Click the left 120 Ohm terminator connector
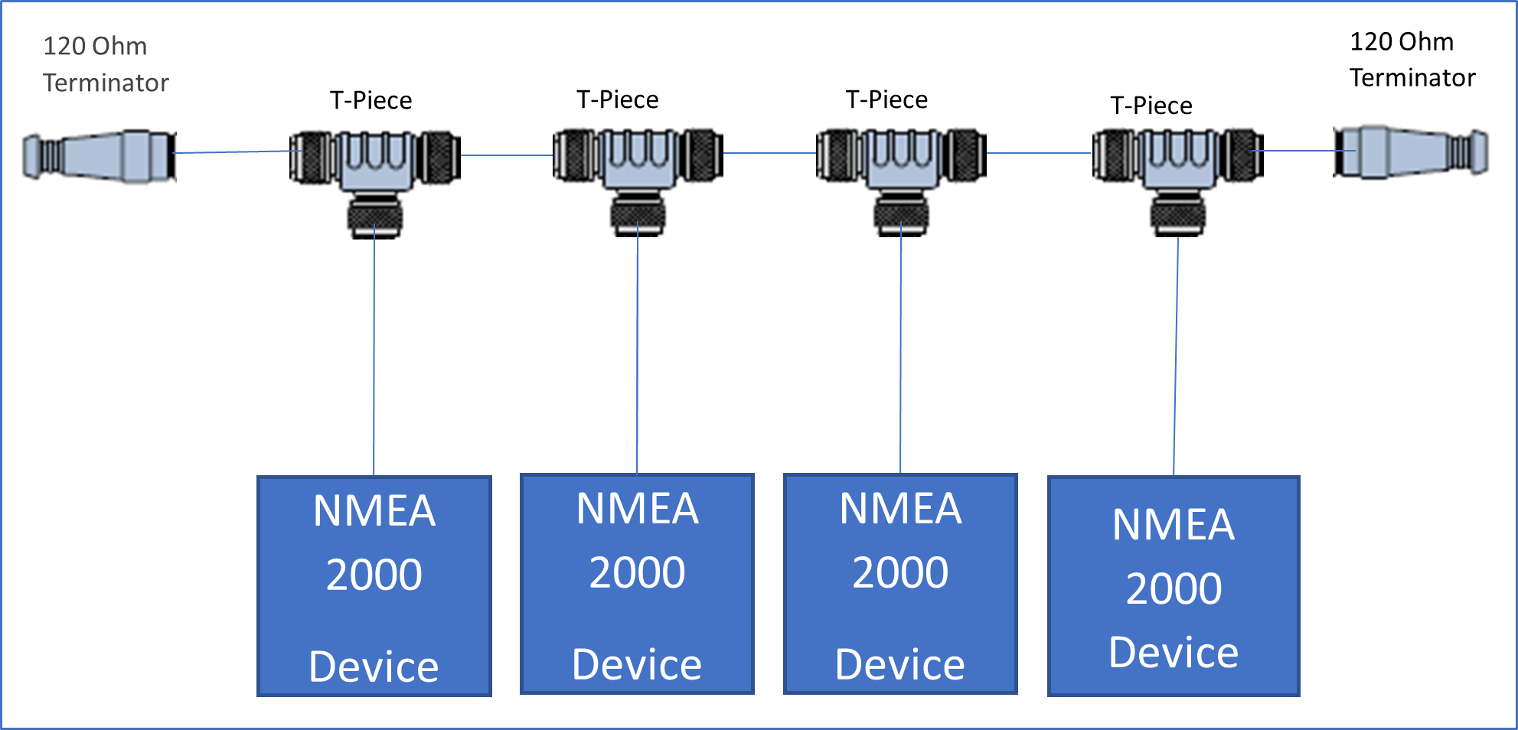pos(100,155)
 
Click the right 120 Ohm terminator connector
pos(1411,152)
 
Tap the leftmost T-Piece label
pos(371,100)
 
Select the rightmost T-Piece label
pos(1151,106)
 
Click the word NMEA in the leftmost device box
pos(374,511)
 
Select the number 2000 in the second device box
pos(637,572)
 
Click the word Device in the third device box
pos(900,664)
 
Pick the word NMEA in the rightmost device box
pos(1174,525)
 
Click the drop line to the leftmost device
pos(374,352)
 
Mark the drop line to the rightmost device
pos(1176,352)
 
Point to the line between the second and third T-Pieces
pos(769,153)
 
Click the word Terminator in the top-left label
pos(106,83)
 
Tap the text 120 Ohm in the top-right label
pos(1401,41)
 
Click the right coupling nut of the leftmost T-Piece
pos(439,157)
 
